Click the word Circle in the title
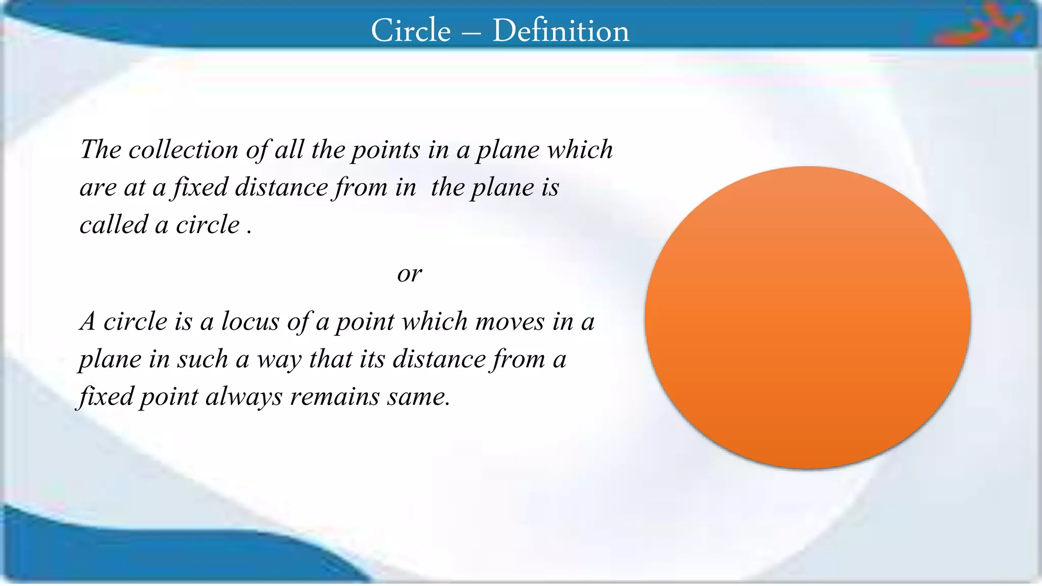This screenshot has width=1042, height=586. click(x=411, y=31)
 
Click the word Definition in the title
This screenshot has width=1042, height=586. click(x=561, y=31)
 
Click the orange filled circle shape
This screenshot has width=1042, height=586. click(x=807, y=317)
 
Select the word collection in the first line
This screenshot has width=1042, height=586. click(x=183, y=150)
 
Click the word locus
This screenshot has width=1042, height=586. click(x=250, y=321)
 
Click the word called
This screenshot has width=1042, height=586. click(x=114, y=225)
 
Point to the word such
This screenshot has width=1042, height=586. click(x=202, y=359)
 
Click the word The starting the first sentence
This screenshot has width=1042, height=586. click(x=101, y=150)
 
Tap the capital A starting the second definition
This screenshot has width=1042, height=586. click(x=88, y=321)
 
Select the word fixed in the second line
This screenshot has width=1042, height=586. click(x=200, y=187)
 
